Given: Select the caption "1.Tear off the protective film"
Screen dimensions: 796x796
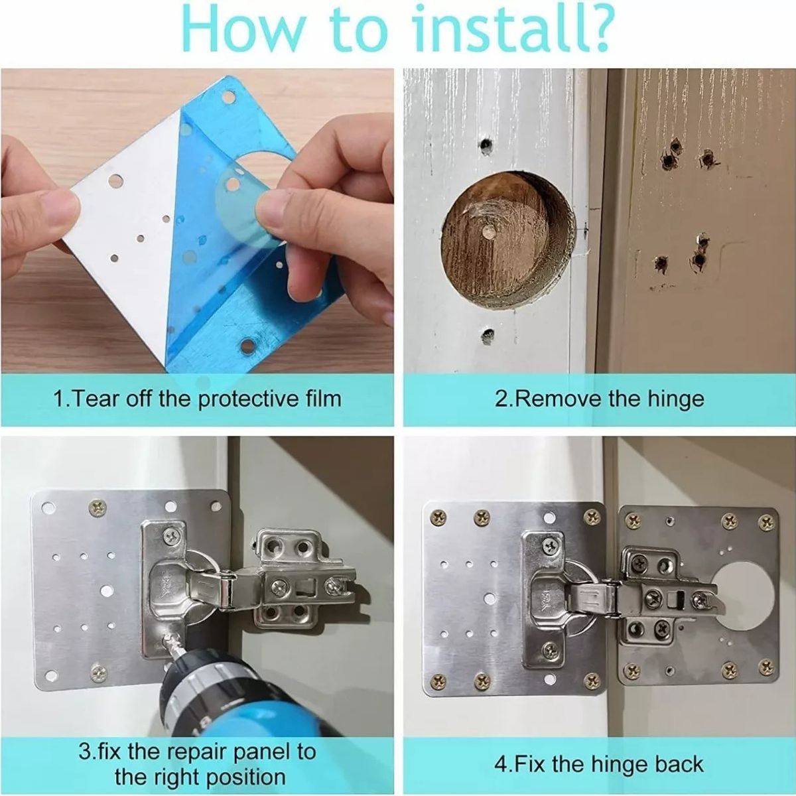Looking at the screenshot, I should [197, 399].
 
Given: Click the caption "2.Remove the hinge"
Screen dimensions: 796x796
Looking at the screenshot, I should [599, 399].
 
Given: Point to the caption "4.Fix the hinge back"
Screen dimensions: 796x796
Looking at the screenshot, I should [598, 764].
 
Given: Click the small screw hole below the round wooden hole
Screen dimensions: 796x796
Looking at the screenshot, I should [489, 335].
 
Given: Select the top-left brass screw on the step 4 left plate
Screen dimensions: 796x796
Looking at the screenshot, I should [438, 515].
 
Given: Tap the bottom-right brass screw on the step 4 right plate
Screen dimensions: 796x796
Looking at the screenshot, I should [766, 667].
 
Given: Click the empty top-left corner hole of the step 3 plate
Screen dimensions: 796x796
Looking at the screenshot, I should [47, 509].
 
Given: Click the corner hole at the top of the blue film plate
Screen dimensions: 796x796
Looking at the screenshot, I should [229, 98].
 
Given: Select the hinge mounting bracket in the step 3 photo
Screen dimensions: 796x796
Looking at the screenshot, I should [292, 577].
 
